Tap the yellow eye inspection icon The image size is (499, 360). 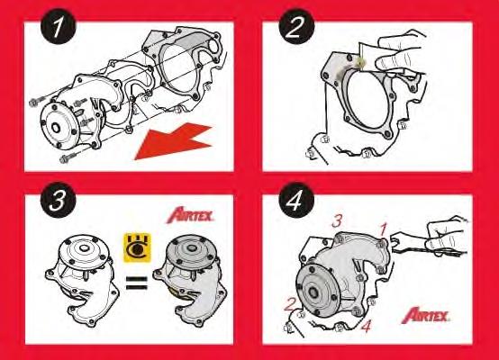pyautogui.click(x=136, y=243)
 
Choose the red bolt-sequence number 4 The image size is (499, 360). pyautogui.click(x=366, y=328)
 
